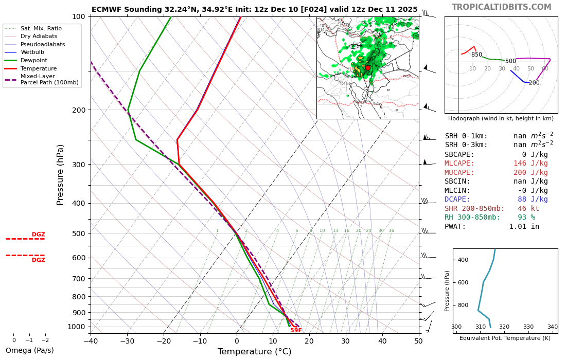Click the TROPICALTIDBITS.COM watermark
point(501,7)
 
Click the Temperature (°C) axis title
point(254,352)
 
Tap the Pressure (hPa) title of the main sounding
point(61,175)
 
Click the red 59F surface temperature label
point(296,330)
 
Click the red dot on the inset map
point(367,68)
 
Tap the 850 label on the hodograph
point(476,55)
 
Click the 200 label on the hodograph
point(534,83)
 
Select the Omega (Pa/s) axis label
point(29,350)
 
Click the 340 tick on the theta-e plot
point(552,327)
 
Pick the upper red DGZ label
point(39,235)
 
